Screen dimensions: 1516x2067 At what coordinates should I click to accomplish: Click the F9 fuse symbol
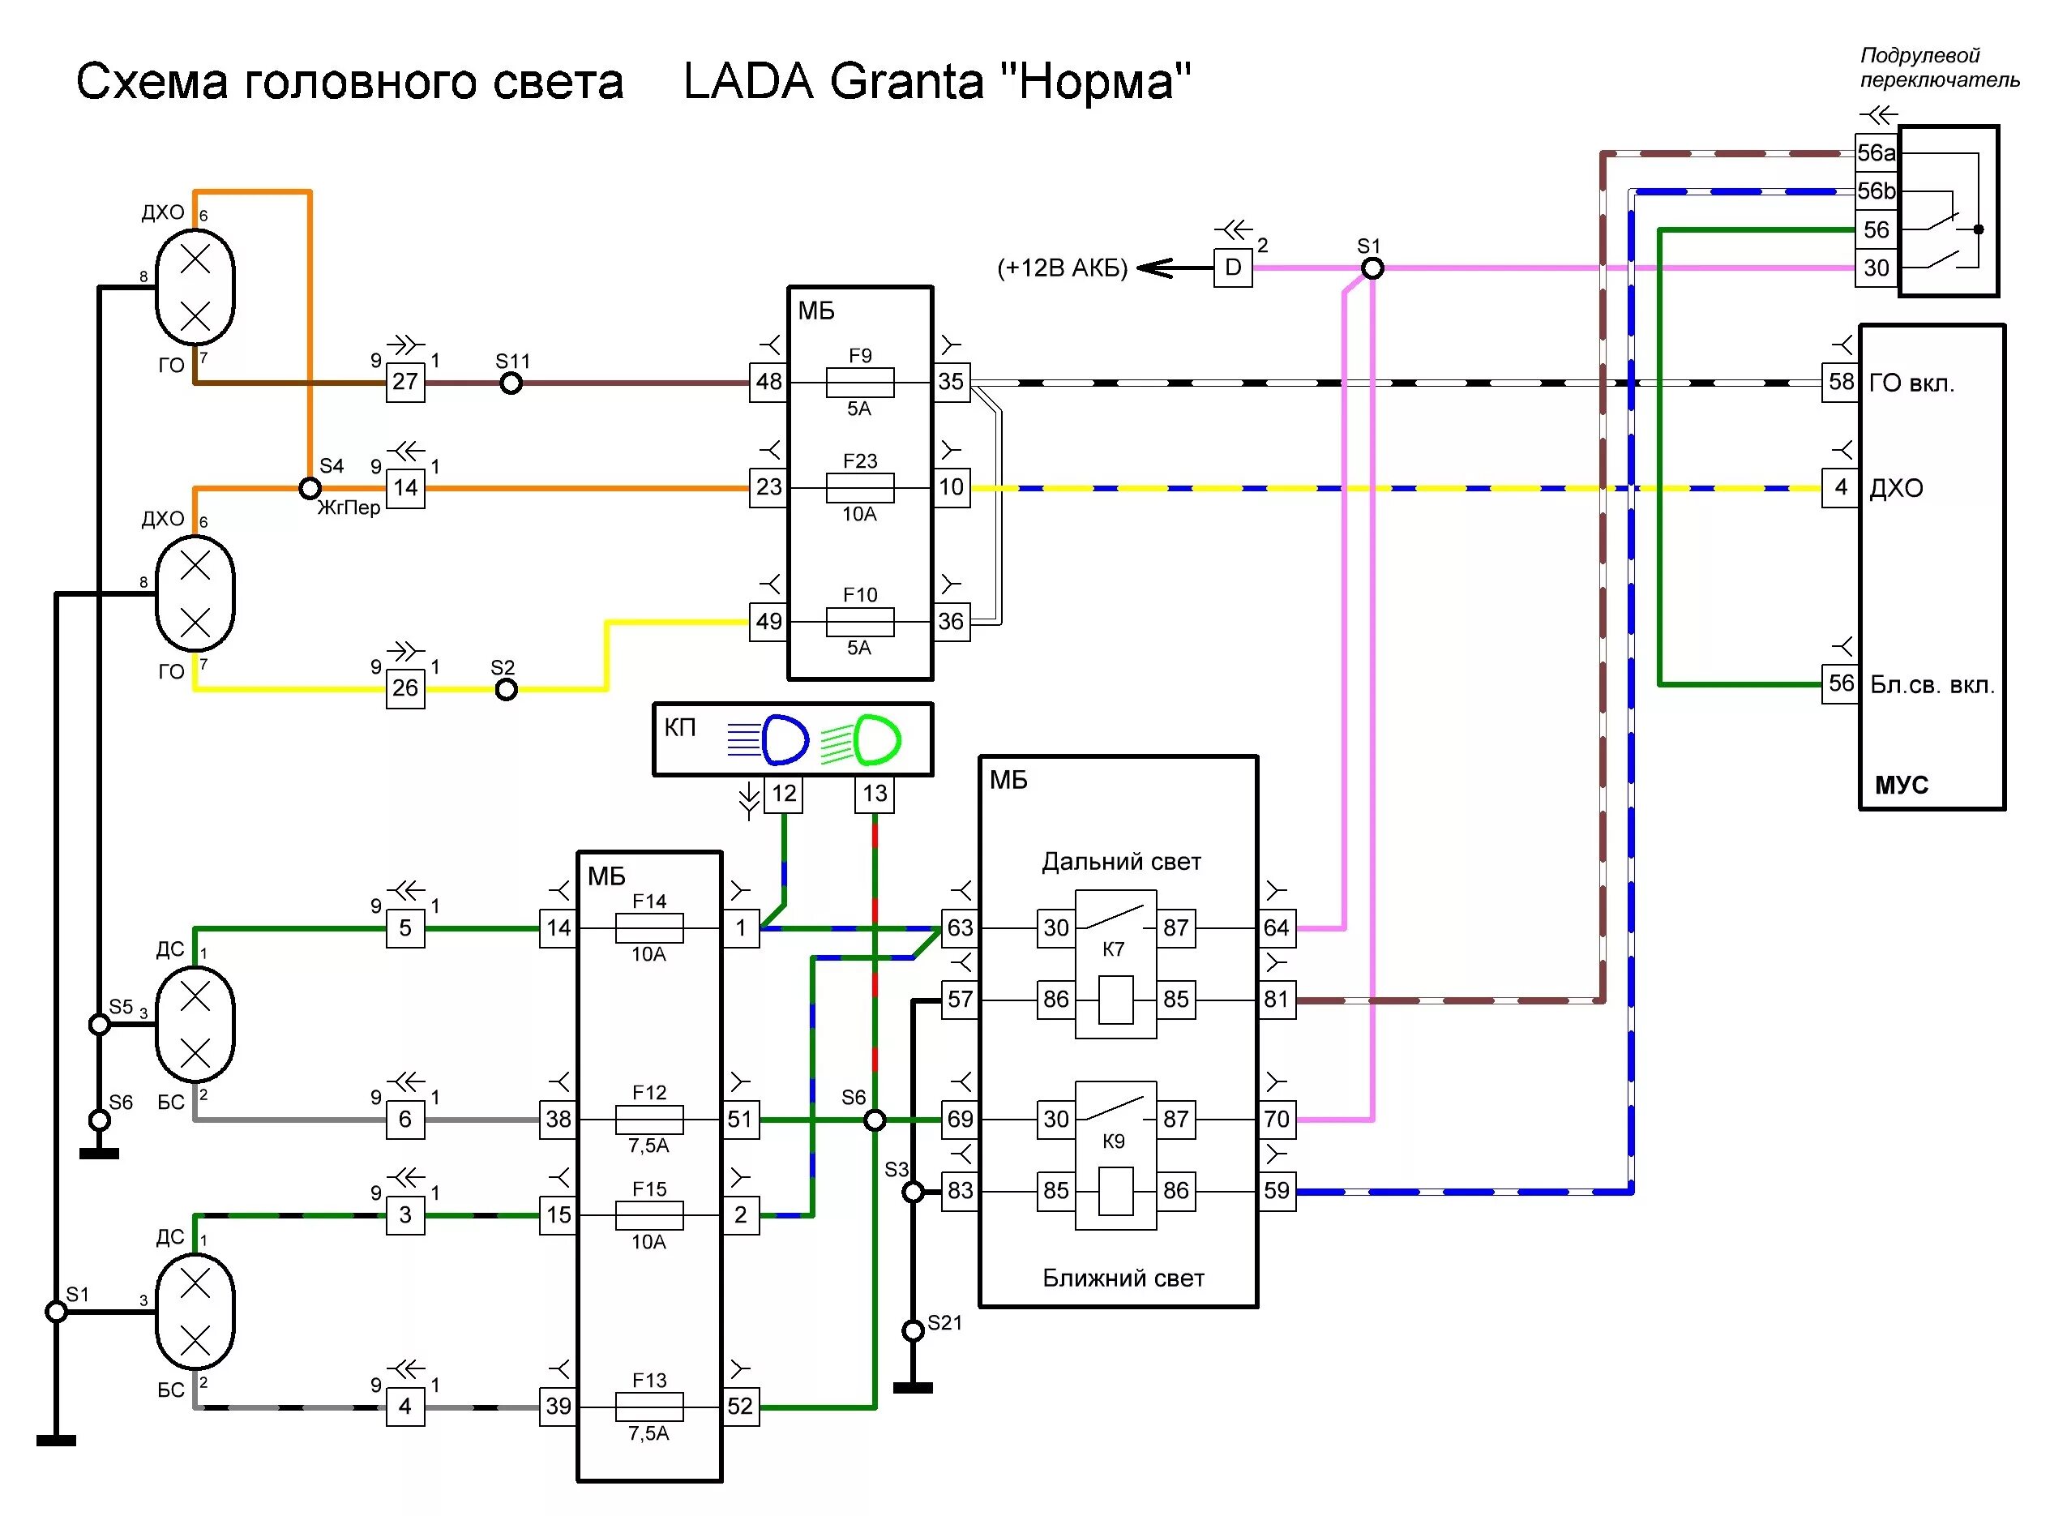860,382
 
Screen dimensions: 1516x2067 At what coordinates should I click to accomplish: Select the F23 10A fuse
860,487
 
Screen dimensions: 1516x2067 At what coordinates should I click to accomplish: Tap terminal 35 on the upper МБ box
952,382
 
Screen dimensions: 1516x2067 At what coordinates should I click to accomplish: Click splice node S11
511,383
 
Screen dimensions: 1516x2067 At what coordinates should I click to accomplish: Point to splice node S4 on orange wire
310,488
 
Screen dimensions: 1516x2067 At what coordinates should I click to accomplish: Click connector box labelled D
1232,268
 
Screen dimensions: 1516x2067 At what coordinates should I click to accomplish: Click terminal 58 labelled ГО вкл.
1839,382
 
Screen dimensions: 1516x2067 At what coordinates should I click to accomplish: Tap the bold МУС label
1901,785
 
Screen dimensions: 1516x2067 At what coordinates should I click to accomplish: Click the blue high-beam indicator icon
782,739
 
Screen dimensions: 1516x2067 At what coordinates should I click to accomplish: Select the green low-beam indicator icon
875,739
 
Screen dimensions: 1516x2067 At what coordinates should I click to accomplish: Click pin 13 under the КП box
875,793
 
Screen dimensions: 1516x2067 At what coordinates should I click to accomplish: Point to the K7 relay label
1113,949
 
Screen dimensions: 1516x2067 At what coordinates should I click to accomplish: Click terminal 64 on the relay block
1276,927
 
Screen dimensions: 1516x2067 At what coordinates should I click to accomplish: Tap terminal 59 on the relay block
1276,1191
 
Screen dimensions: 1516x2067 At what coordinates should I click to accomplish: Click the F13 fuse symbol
648,1406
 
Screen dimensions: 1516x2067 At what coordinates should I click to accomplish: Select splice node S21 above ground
912,1330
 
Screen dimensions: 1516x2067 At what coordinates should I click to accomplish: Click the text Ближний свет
1123,1278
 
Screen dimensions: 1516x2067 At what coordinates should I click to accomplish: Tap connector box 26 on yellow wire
404,688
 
